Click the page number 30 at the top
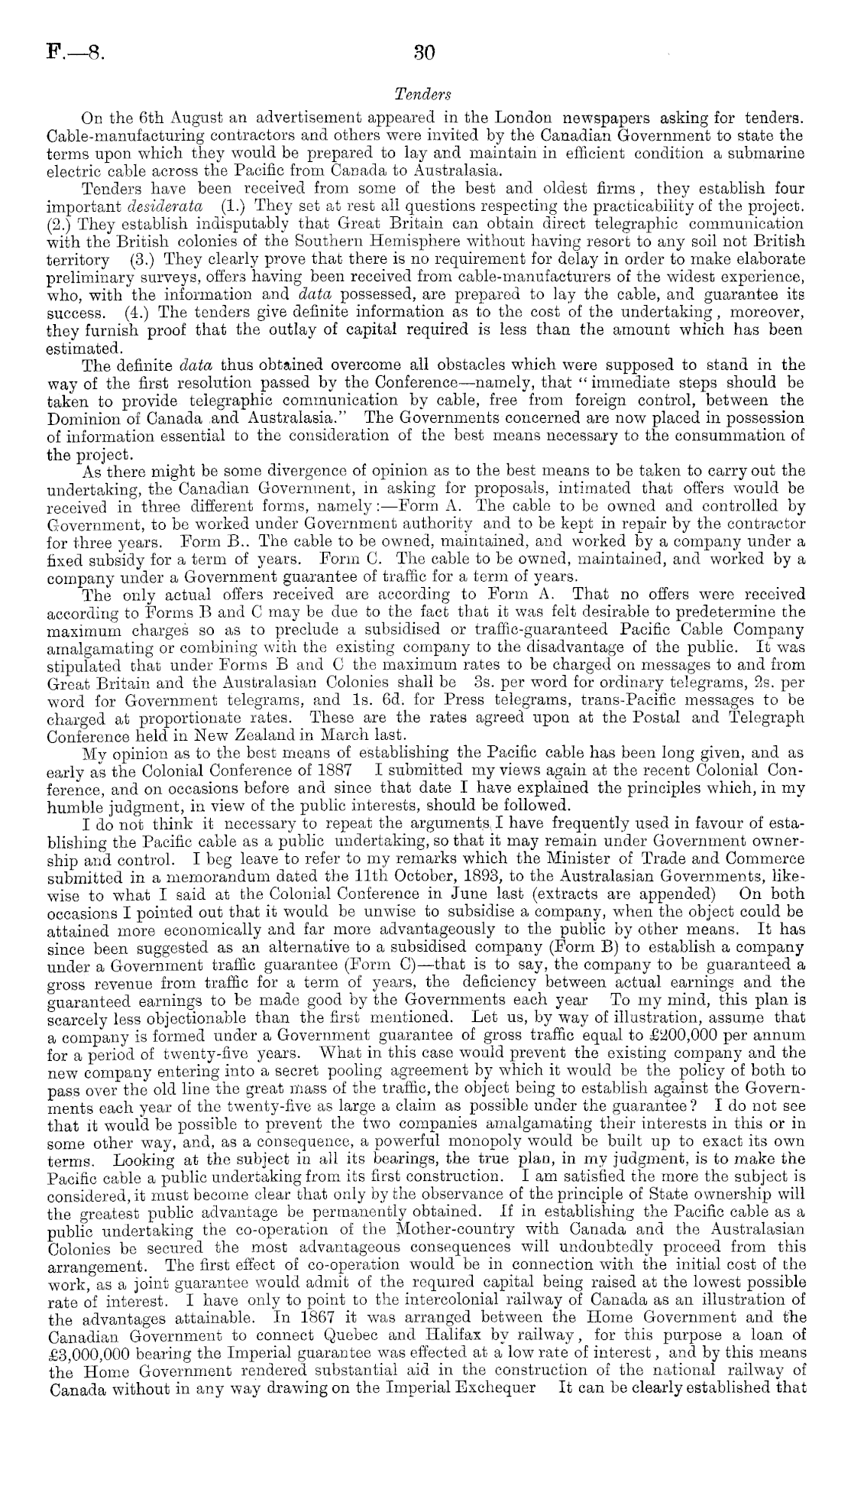coord(423,54)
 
